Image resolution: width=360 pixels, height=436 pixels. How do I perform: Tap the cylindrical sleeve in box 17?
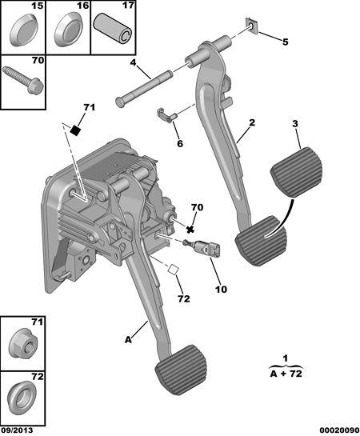pos(113,30)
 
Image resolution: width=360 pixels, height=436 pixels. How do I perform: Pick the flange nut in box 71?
pos(23,343)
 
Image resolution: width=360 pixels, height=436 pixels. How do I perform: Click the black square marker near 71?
pos(75,130)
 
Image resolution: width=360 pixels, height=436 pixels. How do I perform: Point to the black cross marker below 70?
pos(190,230)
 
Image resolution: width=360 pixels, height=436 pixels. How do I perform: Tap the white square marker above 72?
pos(173,269)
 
